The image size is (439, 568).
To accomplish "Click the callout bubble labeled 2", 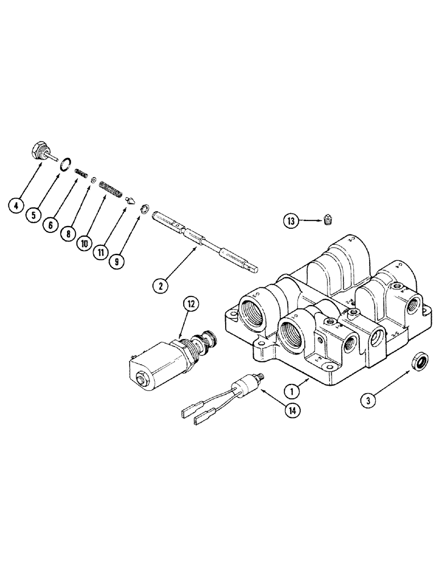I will click(161, 286).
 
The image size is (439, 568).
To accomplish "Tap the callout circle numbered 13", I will click(292, 222).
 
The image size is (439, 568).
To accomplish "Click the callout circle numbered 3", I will click(370, 400).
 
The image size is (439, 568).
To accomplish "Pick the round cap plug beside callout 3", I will click(418, 361).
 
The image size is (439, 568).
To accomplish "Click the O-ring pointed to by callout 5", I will click(66, 165).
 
